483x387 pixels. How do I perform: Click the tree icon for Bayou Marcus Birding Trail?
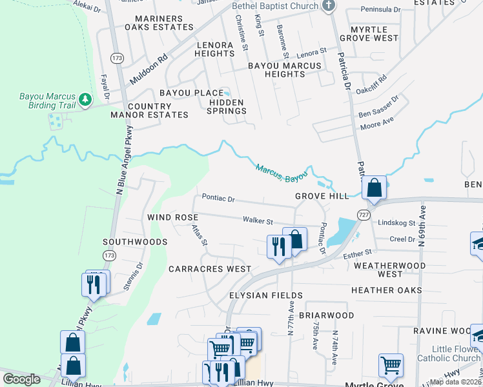coord(85,99)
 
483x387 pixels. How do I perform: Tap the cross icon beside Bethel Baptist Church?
coord(329,6)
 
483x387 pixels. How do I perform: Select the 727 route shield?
coord(364,212)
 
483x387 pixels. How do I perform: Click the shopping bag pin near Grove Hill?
coord(374,188)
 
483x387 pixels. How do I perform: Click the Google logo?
coord(21,379)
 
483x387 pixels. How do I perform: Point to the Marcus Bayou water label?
coord(281,172)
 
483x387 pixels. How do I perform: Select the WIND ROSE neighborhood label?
coord(172,217)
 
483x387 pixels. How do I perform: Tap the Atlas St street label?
coord(198,235)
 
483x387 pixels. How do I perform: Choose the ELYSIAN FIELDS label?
coord(262,295)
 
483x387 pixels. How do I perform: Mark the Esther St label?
coord(358,253)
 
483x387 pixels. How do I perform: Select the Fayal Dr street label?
coord(103,87)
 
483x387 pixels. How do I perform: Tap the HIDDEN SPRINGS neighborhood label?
coord(226,106)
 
